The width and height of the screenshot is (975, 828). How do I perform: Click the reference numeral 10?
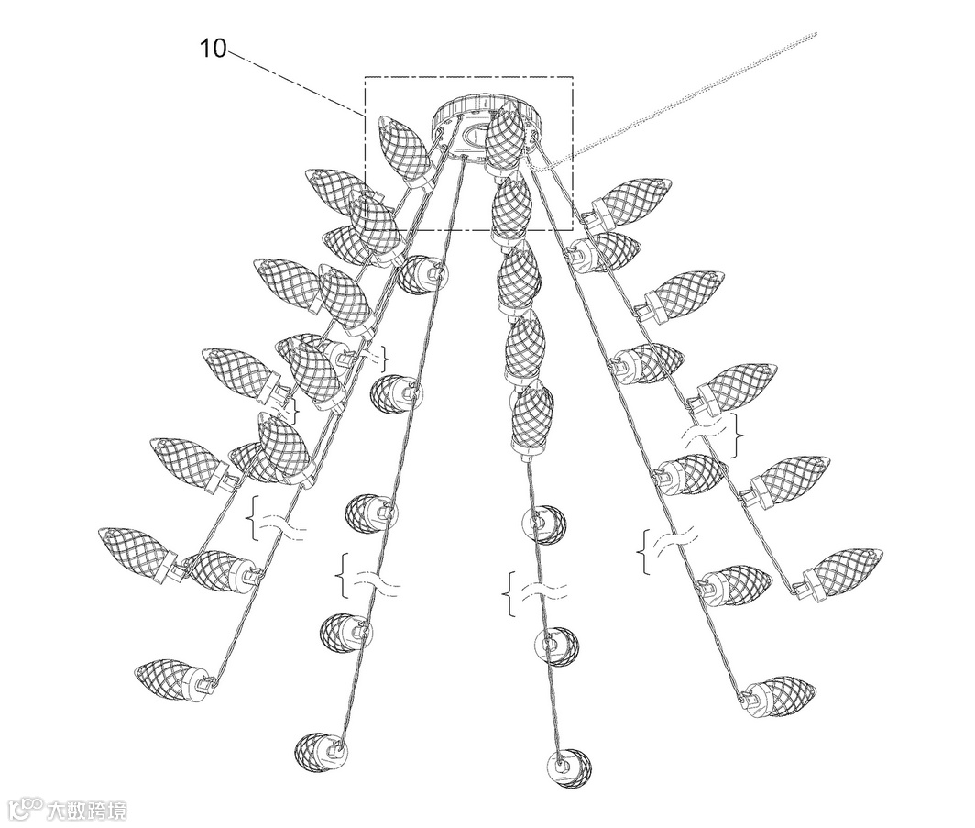pyautogui.click(x=213, y=48)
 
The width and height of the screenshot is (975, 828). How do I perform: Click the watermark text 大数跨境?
pyautogui.click(x=88, y=810)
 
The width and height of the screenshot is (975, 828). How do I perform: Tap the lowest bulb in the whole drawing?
pyautogui.click(x=568, y=768)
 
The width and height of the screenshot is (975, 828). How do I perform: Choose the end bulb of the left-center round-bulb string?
pyautogui.click(x=321, y=752)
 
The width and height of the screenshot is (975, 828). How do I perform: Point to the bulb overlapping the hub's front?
pyautogui.click(x=506, y=138)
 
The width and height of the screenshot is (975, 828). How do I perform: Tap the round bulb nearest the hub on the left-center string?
pyautogui.click(x=422, y=274)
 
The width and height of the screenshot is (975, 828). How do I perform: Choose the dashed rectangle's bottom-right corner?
pyautogui.click(x=573, y=229)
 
